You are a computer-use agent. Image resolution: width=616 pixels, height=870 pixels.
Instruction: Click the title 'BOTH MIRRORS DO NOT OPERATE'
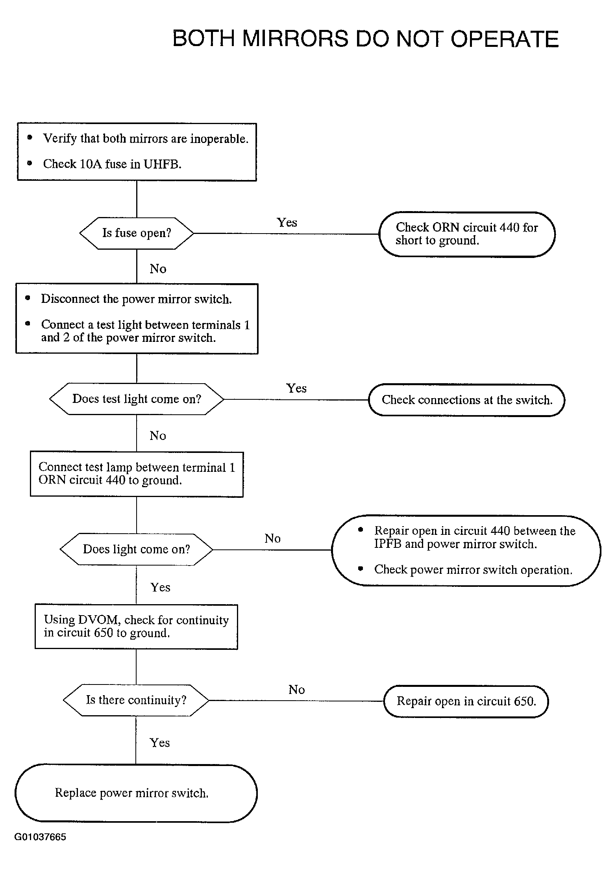tap(366, 39)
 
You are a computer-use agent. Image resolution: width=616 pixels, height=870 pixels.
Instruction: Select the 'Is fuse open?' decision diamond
tap(137, 233)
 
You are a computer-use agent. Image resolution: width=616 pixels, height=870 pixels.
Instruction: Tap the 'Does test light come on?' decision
tap(137, 399)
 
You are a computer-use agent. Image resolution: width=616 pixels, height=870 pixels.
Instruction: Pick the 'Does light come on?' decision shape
tap(136, 549)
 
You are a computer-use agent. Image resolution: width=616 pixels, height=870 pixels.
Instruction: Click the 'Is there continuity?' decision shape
tap(136, 700)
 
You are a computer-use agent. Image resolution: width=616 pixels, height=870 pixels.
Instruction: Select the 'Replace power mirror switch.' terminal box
tap(136, 793)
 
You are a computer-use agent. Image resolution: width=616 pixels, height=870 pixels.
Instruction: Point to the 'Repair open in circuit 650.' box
tap(466, 701)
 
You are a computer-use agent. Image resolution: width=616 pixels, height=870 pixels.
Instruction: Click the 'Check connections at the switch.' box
tap(467, 400)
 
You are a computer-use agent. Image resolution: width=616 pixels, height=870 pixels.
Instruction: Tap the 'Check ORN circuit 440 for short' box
tap(467, 234)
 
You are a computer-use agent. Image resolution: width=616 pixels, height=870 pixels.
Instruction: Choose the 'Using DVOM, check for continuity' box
tap(136, 627)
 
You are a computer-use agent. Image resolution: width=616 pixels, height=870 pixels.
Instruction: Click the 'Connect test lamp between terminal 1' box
tap(137, 474)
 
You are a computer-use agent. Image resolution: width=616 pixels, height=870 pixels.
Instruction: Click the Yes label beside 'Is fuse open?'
tap(287, 223)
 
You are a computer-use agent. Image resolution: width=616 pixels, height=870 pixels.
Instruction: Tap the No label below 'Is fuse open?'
tap(158, 269)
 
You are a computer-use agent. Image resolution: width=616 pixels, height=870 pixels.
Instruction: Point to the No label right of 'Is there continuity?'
tap(297, 690)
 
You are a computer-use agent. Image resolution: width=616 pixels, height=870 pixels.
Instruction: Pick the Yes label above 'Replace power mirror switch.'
tap(160, 743)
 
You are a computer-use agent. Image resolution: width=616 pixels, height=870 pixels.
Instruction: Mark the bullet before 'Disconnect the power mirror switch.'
tap(28, 299)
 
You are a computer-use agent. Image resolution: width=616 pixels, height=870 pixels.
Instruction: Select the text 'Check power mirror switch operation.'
tap(473, 570)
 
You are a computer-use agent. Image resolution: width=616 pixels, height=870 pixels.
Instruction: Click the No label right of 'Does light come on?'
tap(273, 538)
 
